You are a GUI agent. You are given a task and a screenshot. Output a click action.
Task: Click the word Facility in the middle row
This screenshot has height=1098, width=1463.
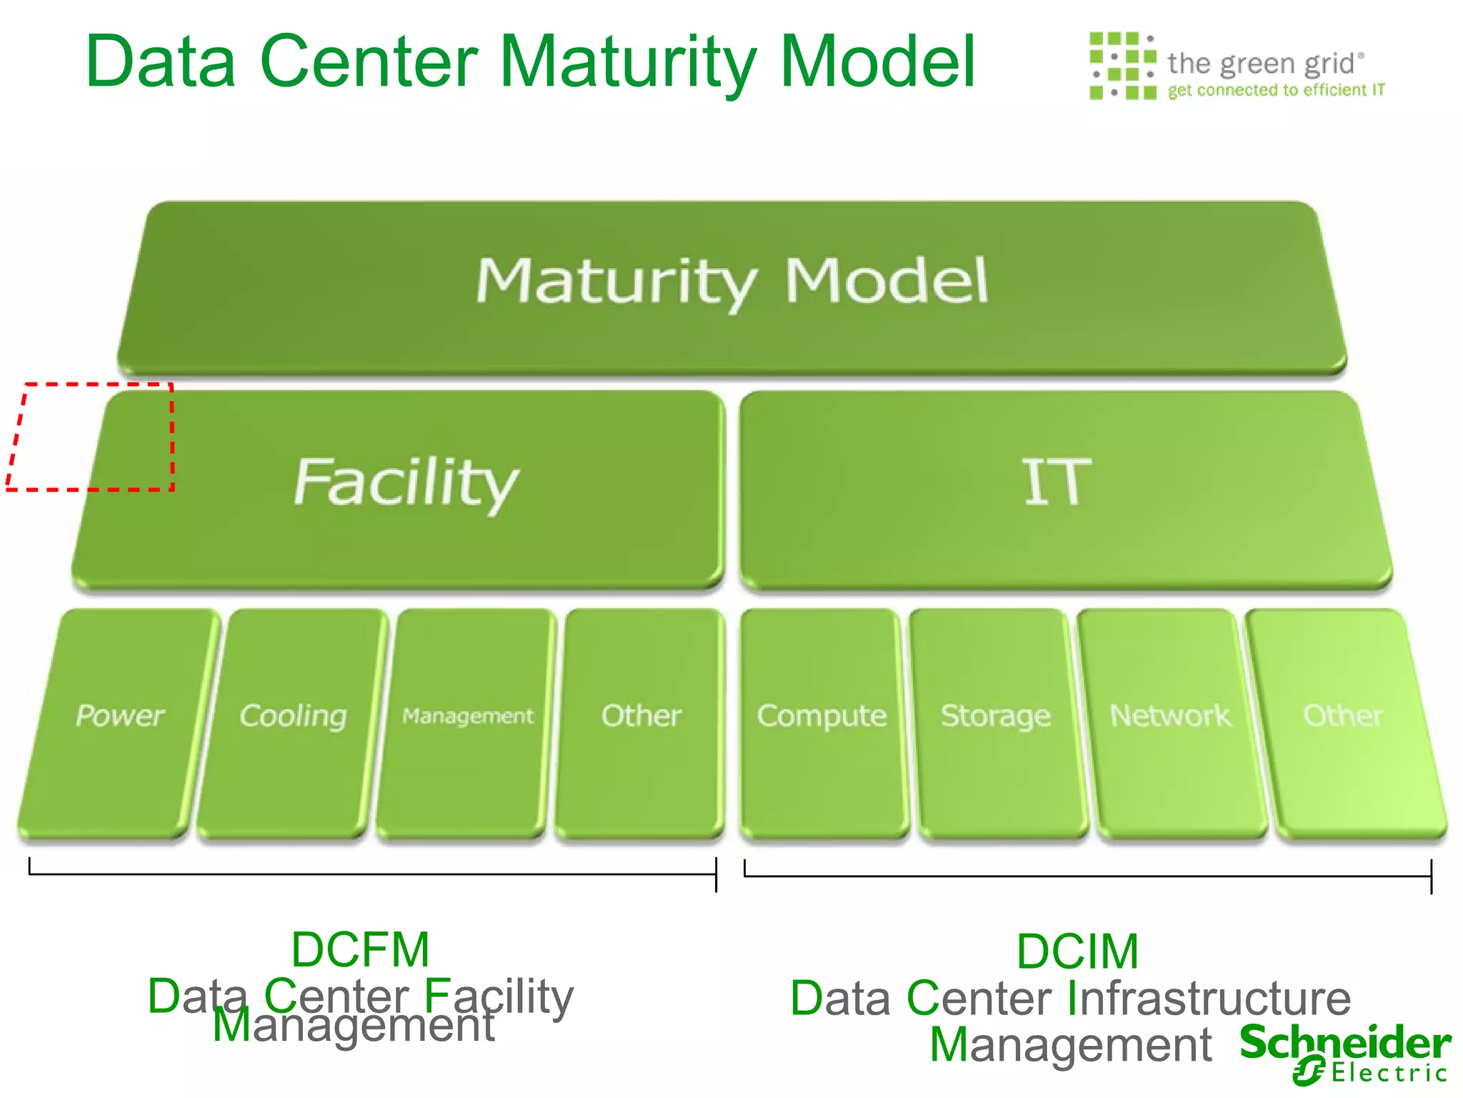[x=405, y=483]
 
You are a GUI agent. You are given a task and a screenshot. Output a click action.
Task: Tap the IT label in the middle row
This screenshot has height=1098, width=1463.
[x=1057, y=483]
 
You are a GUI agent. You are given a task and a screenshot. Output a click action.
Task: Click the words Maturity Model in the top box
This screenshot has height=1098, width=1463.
[x=732, y=282]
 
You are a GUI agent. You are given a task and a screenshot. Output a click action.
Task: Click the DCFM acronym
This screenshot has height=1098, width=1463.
[x=361, y=950]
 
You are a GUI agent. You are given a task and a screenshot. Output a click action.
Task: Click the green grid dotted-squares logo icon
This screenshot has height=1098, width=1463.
[x=1122, y=66]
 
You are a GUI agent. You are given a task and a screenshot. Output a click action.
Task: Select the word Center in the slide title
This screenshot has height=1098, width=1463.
[x=369, y=62]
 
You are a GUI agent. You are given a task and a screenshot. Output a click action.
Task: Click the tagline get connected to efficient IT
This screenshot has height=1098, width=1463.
[x=1276, y=90]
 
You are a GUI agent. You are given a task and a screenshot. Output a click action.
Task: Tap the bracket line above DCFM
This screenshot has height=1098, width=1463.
[x=372, y=874]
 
